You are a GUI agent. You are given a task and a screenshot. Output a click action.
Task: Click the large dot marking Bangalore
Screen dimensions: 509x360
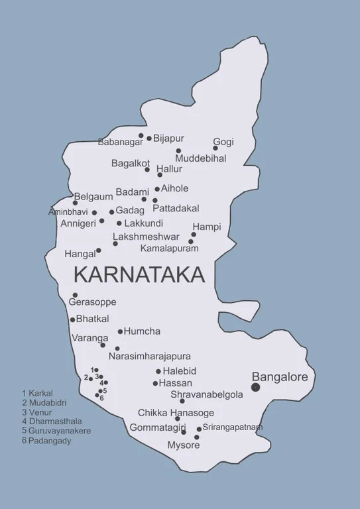tap(256, 387)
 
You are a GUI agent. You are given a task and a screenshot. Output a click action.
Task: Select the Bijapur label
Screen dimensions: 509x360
tap(168, 139)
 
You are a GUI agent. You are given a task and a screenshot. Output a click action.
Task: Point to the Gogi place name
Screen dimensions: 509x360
tap(223, 142)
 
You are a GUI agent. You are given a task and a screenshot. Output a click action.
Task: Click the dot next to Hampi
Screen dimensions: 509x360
tap(194, 234)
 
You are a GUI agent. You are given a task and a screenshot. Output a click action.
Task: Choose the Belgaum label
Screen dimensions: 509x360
tap(93, 196)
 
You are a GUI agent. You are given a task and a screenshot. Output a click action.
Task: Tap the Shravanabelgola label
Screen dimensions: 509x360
tap(206, 394)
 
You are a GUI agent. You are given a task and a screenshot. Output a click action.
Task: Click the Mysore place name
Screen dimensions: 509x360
tap(183, 445)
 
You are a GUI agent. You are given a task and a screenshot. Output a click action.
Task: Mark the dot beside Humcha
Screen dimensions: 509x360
tap(120, 331)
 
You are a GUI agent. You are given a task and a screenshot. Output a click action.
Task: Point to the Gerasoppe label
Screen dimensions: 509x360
tap(92, 302)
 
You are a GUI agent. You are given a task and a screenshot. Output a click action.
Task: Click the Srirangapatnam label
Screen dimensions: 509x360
tap(232, 427)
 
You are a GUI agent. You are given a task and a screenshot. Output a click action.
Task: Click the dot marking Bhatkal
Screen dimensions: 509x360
tap(73, 319)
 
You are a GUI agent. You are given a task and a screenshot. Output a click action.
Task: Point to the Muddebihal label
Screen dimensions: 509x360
tap(201, 158)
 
